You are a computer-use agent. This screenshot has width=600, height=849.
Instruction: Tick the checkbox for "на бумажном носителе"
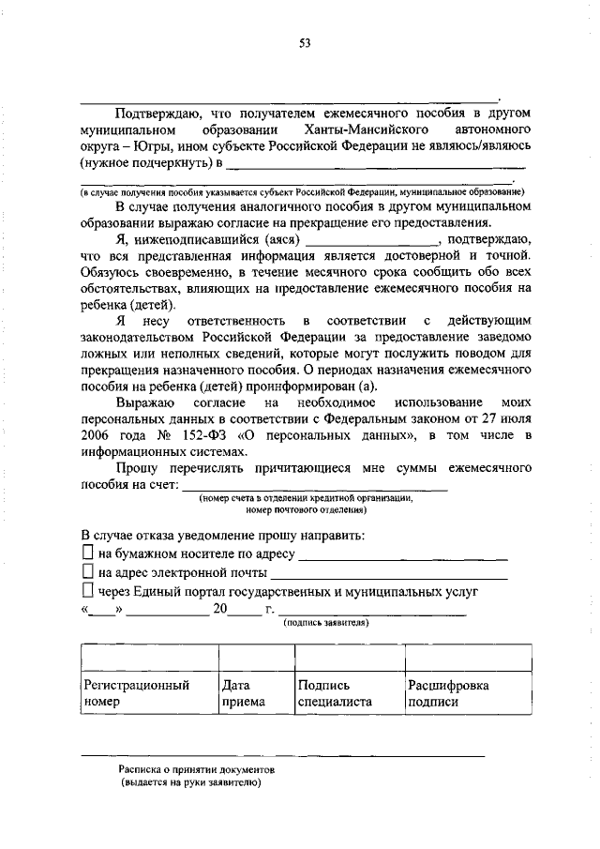pyautogui.click(x=87, y=553)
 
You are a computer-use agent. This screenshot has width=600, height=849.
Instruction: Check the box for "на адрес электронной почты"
pyautogui.click(x=87, y=571)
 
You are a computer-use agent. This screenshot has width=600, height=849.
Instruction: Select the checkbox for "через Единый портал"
pyautogui.click(x=87, y=590)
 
